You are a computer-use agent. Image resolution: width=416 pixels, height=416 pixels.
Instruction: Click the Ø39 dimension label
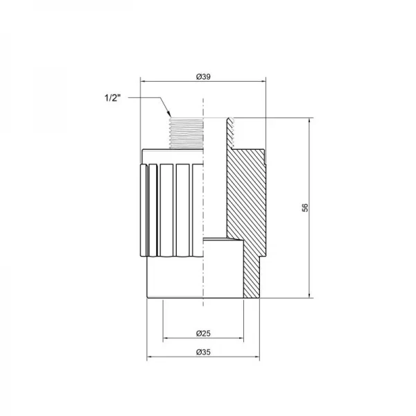(202, 75)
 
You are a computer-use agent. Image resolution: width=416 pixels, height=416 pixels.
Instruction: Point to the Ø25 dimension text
(202, 333)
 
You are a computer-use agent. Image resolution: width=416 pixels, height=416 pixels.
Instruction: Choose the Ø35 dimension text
(202, 352)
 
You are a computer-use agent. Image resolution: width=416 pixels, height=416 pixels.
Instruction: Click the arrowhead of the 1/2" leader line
(168, 114)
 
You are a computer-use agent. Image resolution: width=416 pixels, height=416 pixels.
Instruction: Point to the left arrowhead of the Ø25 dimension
(164, 339)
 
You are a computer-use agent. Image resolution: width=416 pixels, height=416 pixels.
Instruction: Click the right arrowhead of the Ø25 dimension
(241, 339)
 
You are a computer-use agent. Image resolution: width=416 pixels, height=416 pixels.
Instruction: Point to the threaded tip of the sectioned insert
(232, 132)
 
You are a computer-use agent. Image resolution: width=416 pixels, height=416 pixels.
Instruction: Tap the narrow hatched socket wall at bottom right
(249, 277)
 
